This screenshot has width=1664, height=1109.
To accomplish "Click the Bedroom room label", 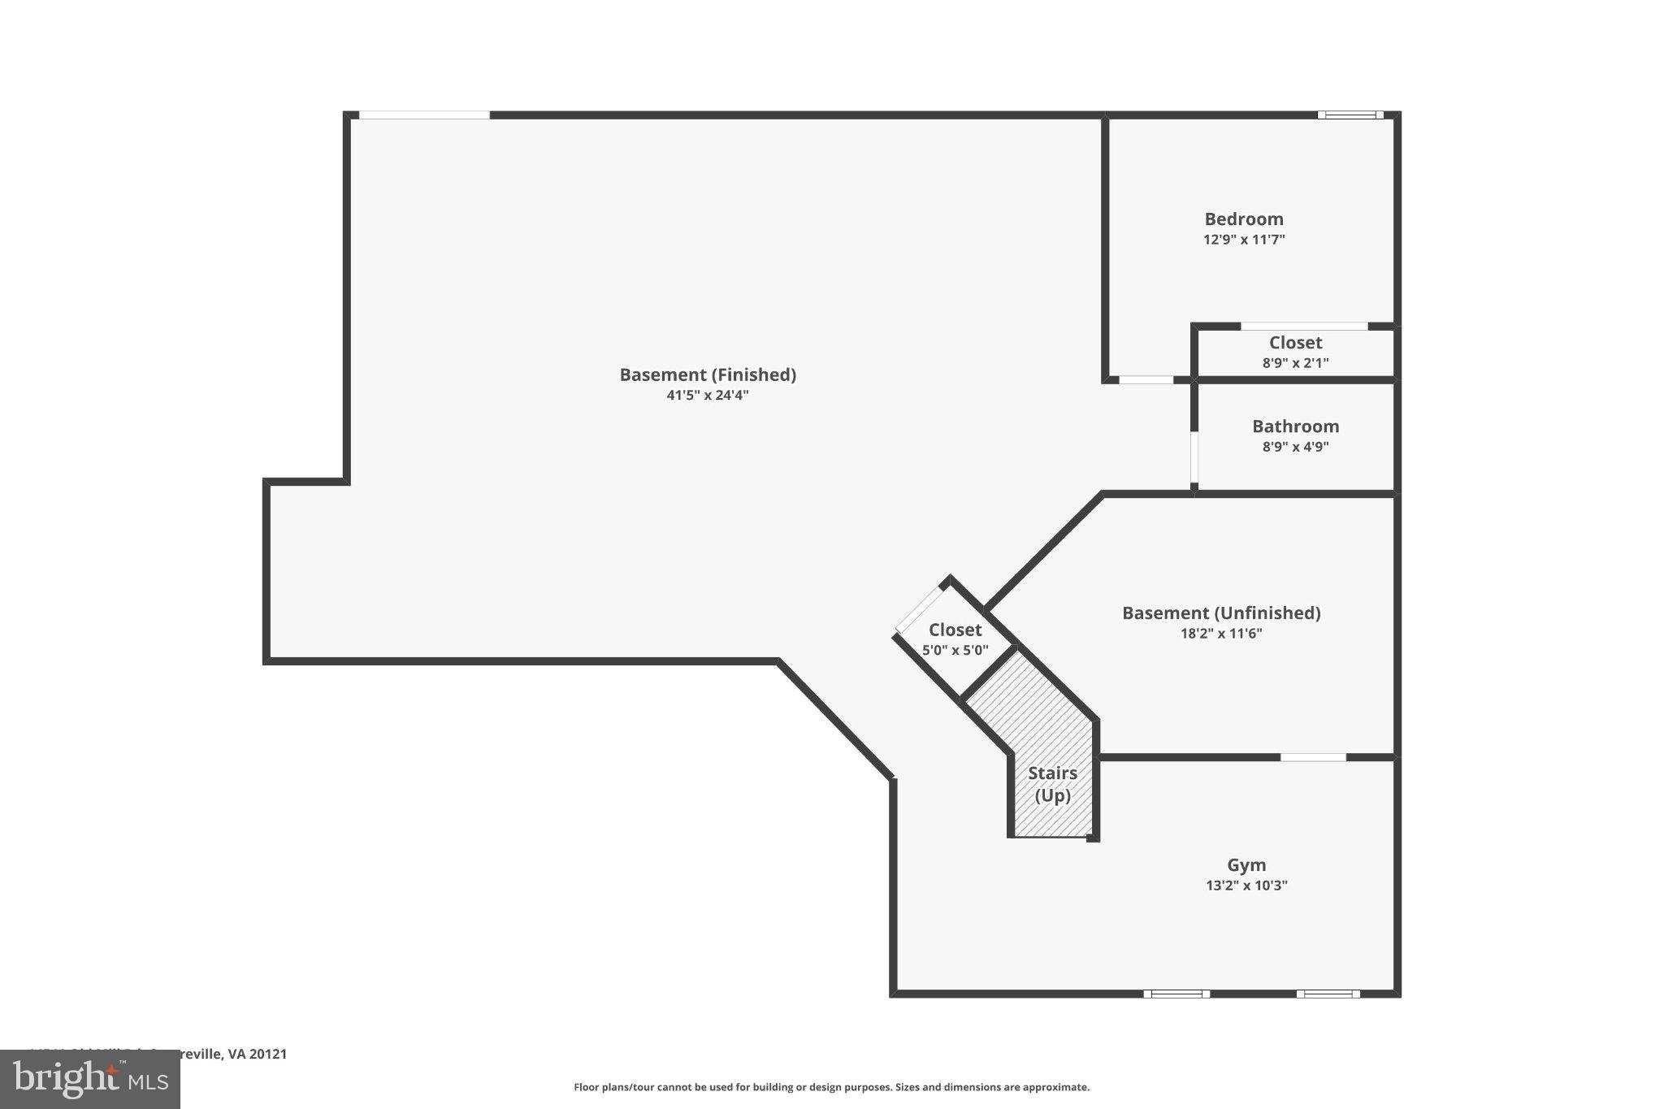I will click(1243, 219).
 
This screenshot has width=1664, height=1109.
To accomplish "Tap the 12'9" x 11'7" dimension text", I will click(1243, 240).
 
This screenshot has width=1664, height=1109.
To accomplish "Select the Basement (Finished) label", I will click(708, 375).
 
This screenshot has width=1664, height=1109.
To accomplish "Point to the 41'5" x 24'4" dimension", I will click(708, 396).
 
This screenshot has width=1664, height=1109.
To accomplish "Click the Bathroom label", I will click(1295, 427).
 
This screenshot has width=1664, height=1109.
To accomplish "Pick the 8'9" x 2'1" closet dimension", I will click(1295, 363).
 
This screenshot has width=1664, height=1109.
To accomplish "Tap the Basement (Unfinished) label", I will click(1220, 613).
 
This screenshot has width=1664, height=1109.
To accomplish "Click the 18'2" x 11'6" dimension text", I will click(1220, 634).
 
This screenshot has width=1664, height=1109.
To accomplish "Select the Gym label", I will click(1246, 865).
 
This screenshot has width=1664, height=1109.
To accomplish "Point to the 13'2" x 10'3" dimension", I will click(1246, 886).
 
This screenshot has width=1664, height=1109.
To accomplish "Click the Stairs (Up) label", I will click(1052, 784).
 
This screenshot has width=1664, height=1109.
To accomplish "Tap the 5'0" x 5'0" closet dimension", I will click(955, 650).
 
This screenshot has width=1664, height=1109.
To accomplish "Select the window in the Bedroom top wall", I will click(1350, 115).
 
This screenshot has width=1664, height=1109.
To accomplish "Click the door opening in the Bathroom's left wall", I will click(1194, 457).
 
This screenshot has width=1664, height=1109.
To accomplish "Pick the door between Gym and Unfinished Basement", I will click(1313, 757).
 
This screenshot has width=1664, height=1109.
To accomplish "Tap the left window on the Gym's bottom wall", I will click(1176, 994).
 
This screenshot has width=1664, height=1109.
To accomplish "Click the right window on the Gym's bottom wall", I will click(1328, 994).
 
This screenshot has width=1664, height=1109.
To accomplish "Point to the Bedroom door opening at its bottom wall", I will click(1146, 379).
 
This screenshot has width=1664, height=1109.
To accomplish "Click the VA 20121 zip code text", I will click(258, 1054).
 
